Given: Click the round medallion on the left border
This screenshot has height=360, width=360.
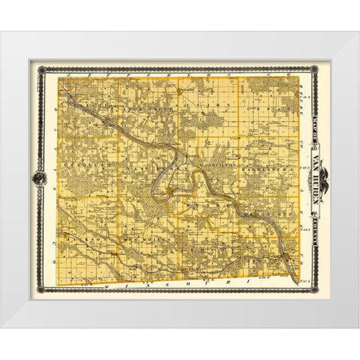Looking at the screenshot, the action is pyautogui.click(x=36, y=178).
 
